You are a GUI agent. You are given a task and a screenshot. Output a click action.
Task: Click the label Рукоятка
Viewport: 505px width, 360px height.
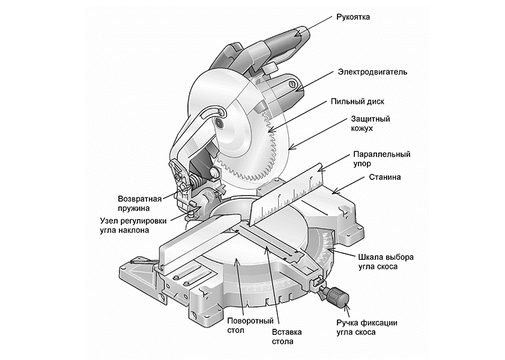pos(354,17)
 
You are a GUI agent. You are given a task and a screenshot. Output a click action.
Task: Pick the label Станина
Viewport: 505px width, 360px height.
pos(385,178)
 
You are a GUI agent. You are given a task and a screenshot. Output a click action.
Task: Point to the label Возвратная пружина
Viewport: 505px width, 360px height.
pos(139,202)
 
